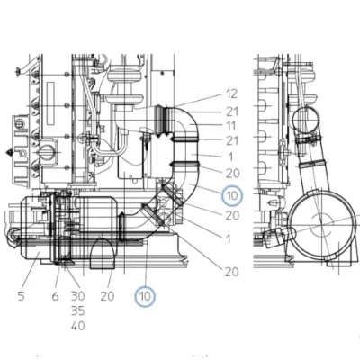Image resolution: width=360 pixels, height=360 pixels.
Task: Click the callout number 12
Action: point(231,94)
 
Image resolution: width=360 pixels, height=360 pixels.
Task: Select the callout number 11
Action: point(231,126)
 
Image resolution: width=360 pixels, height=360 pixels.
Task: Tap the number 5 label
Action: point(21,296)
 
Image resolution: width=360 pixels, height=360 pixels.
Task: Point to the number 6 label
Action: point(55,296)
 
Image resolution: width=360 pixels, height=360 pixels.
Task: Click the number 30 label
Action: point(78,296)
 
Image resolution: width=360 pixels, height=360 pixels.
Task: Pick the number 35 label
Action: point(78,311)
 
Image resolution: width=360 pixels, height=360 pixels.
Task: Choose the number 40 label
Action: point(78,326)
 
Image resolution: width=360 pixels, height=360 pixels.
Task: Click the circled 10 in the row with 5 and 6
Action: point(145,297)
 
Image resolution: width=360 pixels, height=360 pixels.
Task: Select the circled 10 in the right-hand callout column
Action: point(232,196)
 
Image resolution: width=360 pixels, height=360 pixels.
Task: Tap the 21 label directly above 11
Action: point(232,112)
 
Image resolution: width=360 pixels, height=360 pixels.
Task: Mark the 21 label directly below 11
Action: point(232,140)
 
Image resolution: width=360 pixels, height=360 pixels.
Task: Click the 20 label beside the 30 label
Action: point(107,296)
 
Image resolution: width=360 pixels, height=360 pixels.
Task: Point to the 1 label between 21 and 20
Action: point(230,157)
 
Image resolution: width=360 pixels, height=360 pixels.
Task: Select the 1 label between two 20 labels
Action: point(229,238)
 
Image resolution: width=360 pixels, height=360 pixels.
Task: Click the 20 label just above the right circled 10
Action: point(233,174)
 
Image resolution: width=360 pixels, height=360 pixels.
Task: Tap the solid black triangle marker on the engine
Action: point(10,152)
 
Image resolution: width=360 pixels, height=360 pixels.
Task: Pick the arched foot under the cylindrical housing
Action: point(103,254)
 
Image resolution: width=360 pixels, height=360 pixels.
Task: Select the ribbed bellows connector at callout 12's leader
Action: point(160,120)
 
